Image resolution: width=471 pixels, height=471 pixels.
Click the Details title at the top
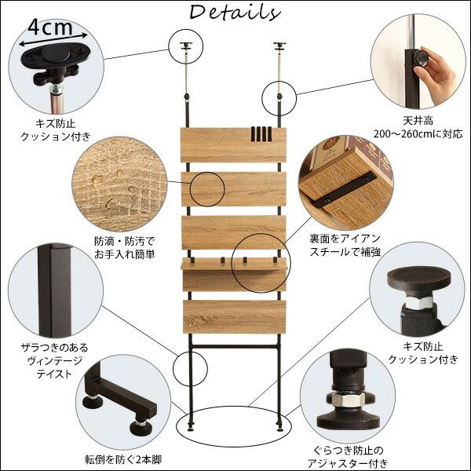(235, 13)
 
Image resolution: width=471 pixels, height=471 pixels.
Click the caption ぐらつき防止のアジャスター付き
(345, 456)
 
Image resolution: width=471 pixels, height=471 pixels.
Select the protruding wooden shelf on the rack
(235, 265)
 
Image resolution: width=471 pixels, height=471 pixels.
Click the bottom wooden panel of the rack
(235, 316)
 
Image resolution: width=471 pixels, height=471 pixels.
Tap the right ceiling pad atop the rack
(280, 45)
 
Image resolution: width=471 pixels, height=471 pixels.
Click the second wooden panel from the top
(235, 189)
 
